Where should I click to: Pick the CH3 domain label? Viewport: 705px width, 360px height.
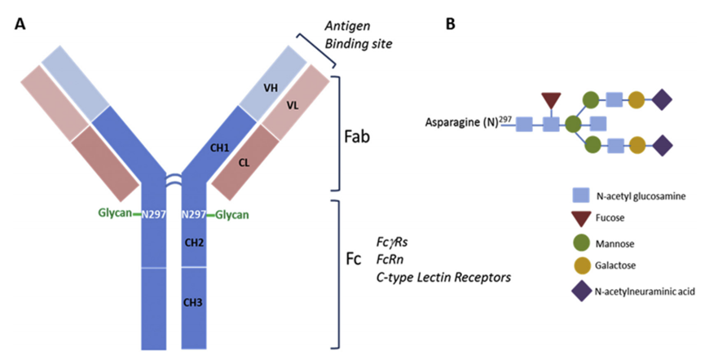click(x=194, y=302)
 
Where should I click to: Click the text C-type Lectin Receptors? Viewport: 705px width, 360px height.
click(x=444, y=277)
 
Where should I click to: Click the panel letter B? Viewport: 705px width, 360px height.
click(x=450, y=24)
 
